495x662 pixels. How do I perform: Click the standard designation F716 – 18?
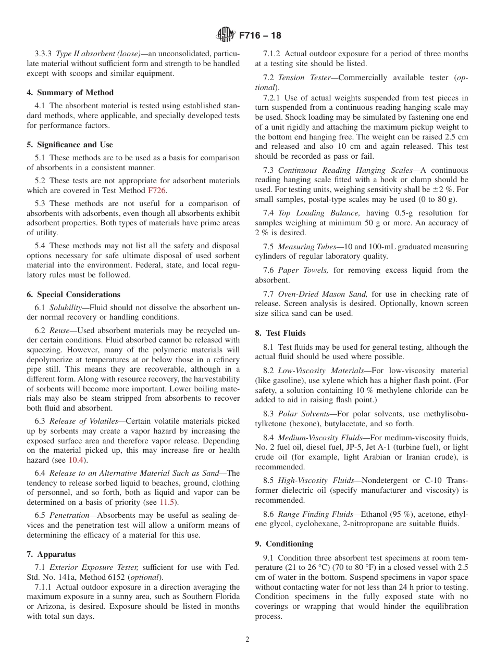(x=260, y=35)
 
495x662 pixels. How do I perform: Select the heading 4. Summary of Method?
(x=70, y=93)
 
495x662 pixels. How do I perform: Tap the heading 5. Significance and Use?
(x=69, y=145)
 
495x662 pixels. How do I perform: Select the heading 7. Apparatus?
(x=51, y=554)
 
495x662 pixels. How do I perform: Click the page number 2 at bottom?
(x=247, y=640)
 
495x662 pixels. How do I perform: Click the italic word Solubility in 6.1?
(x=65, y=308)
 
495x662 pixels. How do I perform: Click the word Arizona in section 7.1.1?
(x=42, y=606)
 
